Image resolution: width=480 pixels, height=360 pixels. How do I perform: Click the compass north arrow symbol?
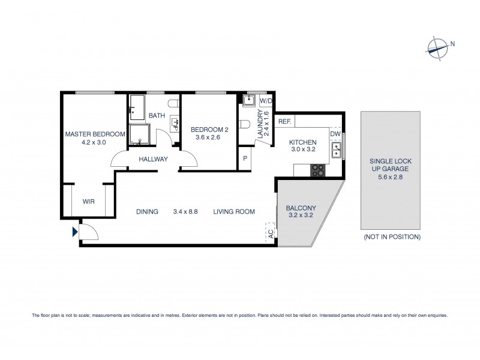[439, 47]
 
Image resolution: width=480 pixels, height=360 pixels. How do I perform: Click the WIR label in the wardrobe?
[88, 202]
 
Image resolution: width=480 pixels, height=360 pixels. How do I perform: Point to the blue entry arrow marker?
[74, 231]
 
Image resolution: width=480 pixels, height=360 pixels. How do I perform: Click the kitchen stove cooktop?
[317, 171]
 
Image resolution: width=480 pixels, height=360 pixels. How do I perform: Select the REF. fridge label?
[284, 122]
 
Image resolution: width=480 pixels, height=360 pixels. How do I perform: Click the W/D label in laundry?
[266, 101]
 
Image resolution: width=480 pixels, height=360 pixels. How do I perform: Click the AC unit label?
[270, 233]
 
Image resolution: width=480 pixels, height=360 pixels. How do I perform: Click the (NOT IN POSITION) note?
[392, 237]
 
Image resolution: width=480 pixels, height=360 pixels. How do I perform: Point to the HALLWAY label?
[153, 159]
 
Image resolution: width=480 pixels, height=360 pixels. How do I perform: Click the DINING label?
[146, 212]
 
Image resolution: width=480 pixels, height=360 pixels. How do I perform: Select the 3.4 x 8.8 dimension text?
[185, 212]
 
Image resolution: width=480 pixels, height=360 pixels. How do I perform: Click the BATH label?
[157, 116]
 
